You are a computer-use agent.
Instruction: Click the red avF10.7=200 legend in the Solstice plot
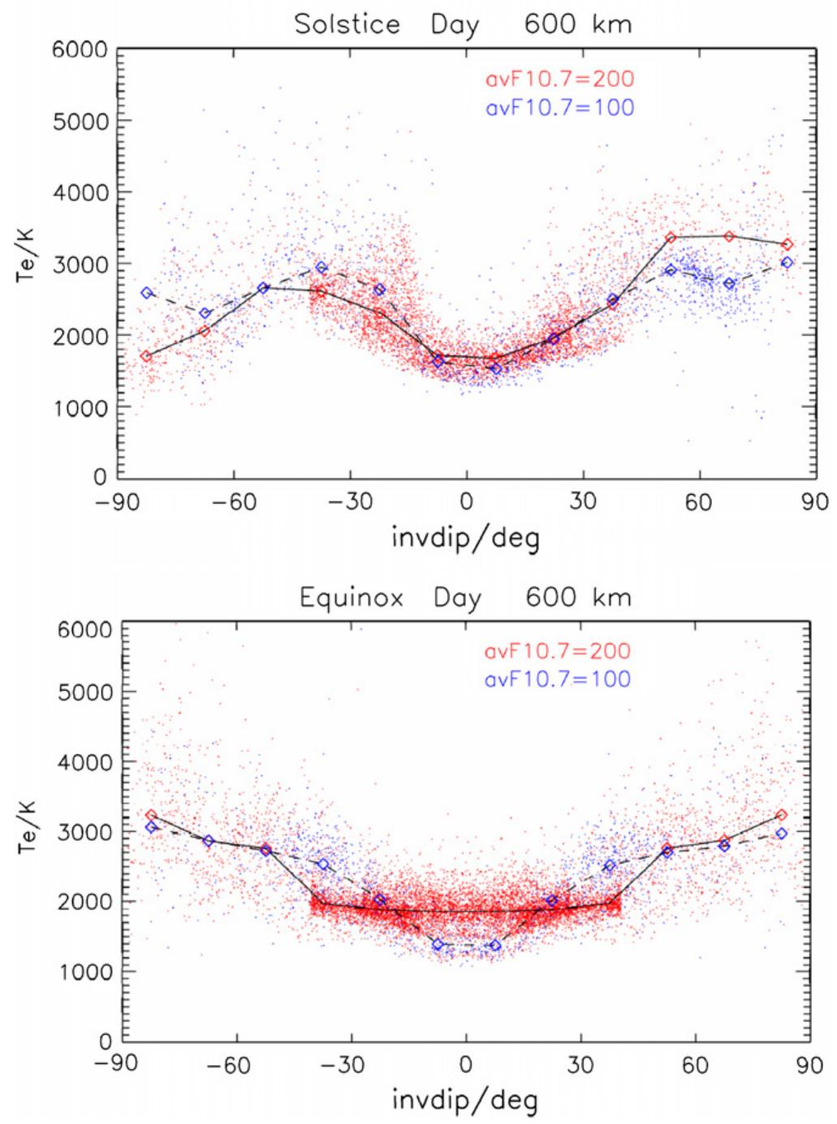(559, 80)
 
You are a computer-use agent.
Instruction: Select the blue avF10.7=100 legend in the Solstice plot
(559, 106)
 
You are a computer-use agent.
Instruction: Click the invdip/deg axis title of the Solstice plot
(466, 536)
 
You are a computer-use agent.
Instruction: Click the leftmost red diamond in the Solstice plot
(146, 356)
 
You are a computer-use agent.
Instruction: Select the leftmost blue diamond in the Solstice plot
(147, 293)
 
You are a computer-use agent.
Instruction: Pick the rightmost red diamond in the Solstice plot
(787, 244)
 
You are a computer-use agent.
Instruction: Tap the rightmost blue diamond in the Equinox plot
(782, 833)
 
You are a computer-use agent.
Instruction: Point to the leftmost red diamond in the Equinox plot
(151, 816)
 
